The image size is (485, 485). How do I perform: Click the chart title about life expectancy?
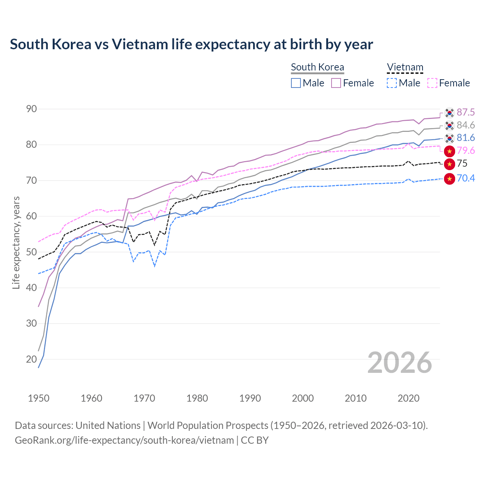click(x=191, y=44)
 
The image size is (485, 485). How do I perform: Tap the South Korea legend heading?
click(x=318, y=67)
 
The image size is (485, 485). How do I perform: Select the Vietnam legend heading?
click(x=405, y=67)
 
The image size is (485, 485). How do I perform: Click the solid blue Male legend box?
click(x=296, y=83)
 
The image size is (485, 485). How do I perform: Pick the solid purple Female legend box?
click(x=336, y=83)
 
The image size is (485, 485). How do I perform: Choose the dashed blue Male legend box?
click(x=392, y=83)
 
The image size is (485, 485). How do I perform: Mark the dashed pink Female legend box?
click(x=432, y=83)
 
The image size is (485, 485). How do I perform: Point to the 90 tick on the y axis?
click(x=31, y=109)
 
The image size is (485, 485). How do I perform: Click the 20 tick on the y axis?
click(x=31, y=359)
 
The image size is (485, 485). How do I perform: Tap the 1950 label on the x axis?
click(x=39, y=398)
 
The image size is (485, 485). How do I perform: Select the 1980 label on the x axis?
click(x=197, y=398)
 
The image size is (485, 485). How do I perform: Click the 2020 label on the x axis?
click(x=408, y=398)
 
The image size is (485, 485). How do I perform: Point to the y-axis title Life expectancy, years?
click(x=16, y=242)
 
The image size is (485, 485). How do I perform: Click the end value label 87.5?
click(x=466, y=113)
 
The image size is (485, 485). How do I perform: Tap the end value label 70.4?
click(x=466, y=178)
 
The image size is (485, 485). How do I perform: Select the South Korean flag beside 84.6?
click(x=449, y=125)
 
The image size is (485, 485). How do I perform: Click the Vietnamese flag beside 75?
click(x=449, y=164)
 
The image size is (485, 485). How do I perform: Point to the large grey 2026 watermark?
click(x=400, y=363)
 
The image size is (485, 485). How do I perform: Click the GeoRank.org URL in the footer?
click(x=124, y=440)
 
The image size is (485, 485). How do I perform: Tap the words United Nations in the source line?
click(x=108, y=426)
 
